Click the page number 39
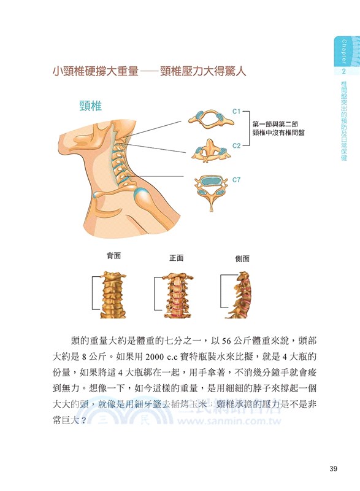(x=334, y=470)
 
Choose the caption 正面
(x=177, y=258)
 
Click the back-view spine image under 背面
(x=114, y=293)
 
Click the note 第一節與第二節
(x=274, y=123)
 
